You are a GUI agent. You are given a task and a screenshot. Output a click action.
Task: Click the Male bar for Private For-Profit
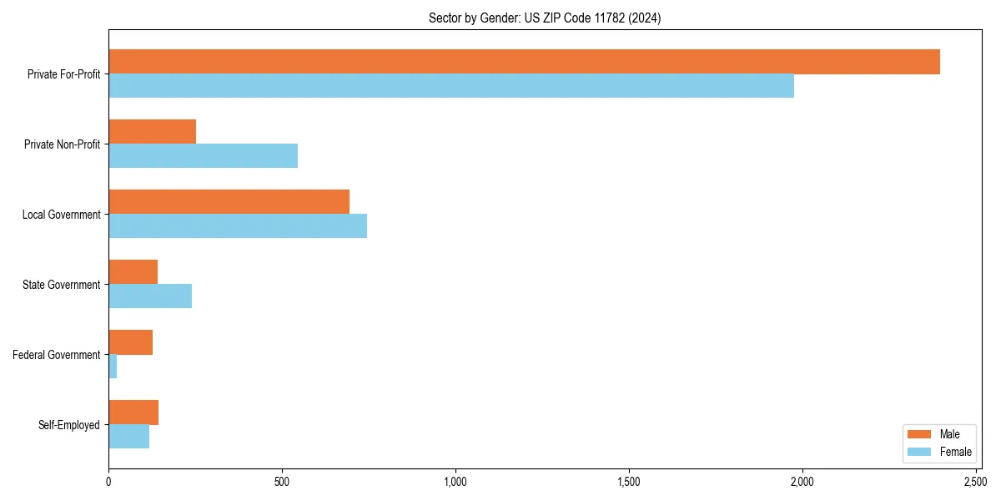[524, 62]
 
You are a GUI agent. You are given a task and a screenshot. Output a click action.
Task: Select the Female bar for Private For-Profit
[450, 86]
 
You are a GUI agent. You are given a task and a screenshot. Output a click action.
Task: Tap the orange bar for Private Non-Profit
[152, 132]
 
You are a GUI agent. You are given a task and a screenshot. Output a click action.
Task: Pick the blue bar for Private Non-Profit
[203, 156]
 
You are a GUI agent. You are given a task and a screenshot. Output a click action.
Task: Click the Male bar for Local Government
[229, 202]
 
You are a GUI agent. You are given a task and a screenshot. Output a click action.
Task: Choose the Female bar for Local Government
[238, 226]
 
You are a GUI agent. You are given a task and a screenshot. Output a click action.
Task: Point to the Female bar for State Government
[150, 296]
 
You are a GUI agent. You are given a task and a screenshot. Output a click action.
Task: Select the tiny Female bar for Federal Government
[113, 367]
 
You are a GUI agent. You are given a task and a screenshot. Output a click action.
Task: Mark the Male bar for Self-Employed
[133, 412]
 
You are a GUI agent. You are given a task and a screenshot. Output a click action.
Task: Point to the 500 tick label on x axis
[282, 482]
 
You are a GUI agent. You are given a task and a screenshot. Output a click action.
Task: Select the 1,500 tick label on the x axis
[629, 482]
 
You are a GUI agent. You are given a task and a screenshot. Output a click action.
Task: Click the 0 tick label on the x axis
[108, 482]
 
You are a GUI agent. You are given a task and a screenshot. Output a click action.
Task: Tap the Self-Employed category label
[69, 425]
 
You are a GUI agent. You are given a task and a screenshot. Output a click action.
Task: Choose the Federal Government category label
[57, 355]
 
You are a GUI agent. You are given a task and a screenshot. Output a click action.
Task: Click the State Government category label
[61, 285]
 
